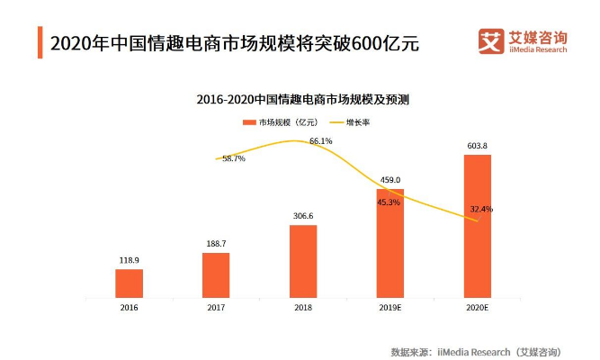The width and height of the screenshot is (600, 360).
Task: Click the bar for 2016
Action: (129, 283)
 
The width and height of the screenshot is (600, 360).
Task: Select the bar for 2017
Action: (216, 274)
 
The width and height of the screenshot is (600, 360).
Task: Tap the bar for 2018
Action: (303, 260)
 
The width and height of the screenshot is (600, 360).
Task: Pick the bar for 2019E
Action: (390, 242)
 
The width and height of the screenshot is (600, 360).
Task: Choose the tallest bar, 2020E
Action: (478, 225)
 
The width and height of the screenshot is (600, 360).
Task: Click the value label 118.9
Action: (129, 260)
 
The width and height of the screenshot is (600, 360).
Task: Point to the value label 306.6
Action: (303, 216)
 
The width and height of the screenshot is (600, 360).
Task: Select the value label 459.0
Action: (390, 180)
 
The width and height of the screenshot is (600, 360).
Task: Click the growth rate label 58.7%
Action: (233, 158)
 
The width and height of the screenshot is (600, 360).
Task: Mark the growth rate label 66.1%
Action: (321, 141)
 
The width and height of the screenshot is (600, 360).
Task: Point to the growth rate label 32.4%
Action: (481, 210)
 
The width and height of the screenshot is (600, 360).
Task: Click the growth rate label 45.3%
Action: (389, 202)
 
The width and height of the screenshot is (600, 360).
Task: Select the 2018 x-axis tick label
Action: (303, 308)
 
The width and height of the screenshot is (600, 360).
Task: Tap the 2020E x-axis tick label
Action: (478, 308)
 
